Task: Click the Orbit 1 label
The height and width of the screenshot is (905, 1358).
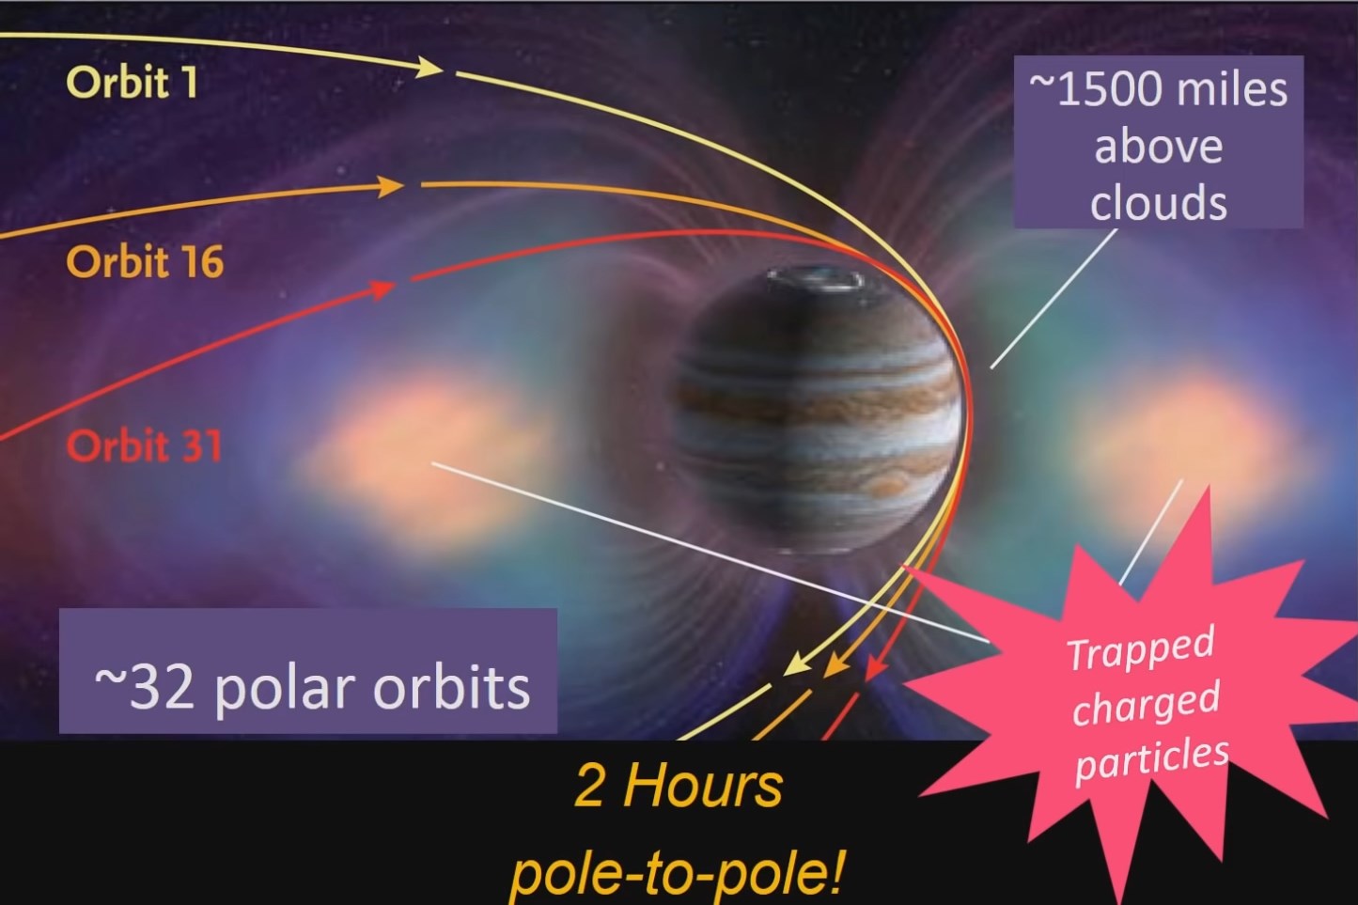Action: coord(132,83)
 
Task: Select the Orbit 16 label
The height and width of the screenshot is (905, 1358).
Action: coord(145,262)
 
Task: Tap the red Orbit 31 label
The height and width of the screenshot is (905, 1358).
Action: coord(145,446)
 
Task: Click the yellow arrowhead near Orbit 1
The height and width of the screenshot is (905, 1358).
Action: coord(429,66)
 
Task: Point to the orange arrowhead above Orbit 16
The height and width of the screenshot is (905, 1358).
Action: coord(390,186)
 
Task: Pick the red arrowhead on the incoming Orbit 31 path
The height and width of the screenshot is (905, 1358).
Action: coord(382,289)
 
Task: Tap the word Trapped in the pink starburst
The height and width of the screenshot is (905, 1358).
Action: coord(1141,648)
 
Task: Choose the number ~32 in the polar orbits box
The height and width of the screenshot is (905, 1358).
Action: coord(145,688)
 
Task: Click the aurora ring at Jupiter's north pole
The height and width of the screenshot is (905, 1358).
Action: coord(816,280)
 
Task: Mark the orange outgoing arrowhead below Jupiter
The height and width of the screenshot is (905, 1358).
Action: coord(836,666)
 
